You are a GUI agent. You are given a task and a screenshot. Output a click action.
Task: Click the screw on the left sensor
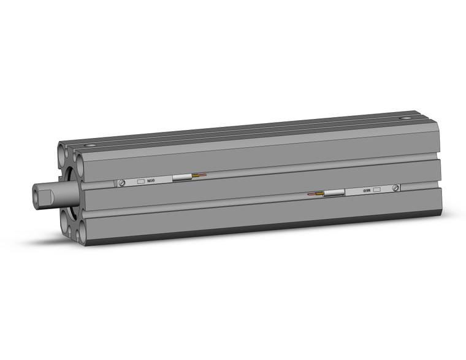[122, 183]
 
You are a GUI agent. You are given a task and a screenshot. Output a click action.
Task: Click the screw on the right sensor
[397, 188]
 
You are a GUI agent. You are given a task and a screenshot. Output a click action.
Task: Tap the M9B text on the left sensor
[150, 181]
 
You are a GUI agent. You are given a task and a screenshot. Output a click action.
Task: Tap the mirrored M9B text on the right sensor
[365, 190]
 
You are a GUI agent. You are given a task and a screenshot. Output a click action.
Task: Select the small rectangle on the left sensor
[140, 182]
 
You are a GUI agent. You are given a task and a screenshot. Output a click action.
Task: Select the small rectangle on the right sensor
[376, 190]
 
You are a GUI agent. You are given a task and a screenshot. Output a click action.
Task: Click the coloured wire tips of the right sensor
[316, 194]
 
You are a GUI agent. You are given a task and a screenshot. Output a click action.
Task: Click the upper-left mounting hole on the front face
[64, 150]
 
